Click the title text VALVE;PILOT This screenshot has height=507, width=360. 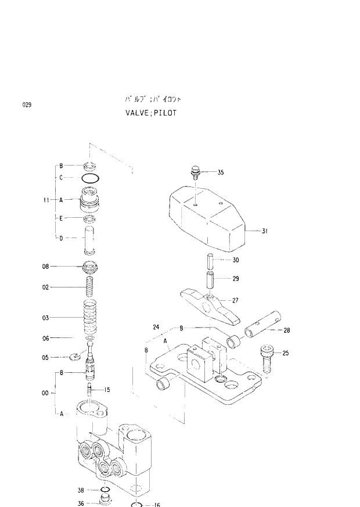[x=150, y=113]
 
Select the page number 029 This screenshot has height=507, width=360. [x=27, y=105]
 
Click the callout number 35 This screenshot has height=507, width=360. [x=221, y=172]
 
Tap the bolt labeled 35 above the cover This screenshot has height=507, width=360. [x=196, y=172]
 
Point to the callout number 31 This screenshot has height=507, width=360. [x=264, y=231]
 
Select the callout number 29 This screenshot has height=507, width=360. [x=236, y=279]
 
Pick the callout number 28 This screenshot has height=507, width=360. [x=287, y=330]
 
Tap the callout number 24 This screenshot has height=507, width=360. [x=156, y=327]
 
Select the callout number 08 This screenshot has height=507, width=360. [x=45, y=267]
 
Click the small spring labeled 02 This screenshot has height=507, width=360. [x=89, y=287]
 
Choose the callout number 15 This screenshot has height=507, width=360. [x=107, y=390]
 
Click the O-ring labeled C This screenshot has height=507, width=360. [x=89, y=177]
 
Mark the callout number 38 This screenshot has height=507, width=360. [x=81, y=490]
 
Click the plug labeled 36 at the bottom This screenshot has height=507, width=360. [x=105, y=501]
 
